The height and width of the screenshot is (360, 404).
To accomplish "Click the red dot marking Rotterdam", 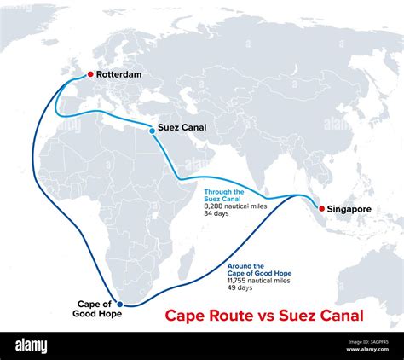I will [x=90, y=74].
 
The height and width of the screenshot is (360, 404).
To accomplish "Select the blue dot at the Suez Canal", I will [x=153, y=129].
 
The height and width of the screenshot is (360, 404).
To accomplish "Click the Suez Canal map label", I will [x=182, y=129].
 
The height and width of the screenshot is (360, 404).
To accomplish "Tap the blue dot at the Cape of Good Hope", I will [x=126, y=304].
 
